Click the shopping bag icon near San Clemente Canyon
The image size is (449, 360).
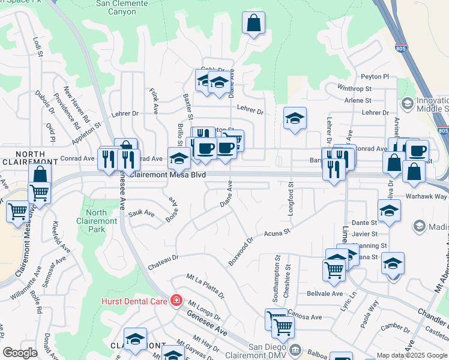click(253, 23)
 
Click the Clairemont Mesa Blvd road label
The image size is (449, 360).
click(168, 175)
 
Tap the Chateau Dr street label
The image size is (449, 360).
click(163, 258)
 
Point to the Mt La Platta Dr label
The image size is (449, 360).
click(205, 287)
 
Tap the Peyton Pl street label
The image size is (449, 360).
click(375, 77)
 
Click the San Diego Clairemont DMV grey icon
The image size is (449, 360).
click(295, 349)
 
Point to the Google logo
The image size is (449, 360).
click(20, 353)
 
